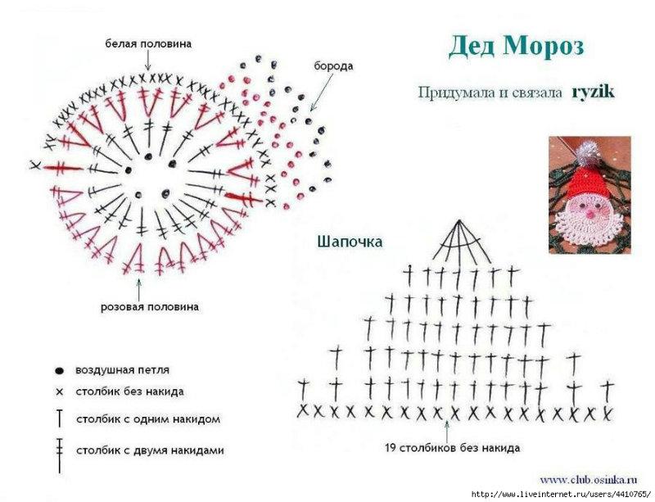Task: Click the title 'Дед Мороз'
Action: [517, 47]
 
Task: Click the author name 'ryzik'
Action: [593, 92]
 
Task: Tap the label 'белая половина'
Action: [148, 43]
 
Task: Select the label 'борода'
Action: [333, 66]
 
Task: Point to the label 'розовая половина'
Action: [150, 307]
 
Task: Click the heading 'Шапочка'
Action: [350, 242]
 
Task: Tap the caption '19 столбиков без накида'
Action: [453, 448]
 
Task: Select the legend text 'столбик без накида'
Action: [130, 392]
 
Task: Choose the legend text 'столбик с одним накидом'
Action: [148, 419]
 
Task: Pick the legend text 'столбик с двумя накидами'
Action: [151, 450]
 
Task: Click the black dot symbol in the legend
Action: [59, 371]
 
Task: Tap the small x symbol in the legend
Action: [59, 392]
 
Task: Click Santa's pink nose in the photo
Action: [589, 214]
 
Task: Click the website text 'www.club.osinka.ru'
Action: [589, 479]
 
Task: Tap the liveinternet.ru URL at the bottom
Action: [561, 495]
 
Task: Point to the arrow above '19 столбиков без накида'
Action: [446, 431]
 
